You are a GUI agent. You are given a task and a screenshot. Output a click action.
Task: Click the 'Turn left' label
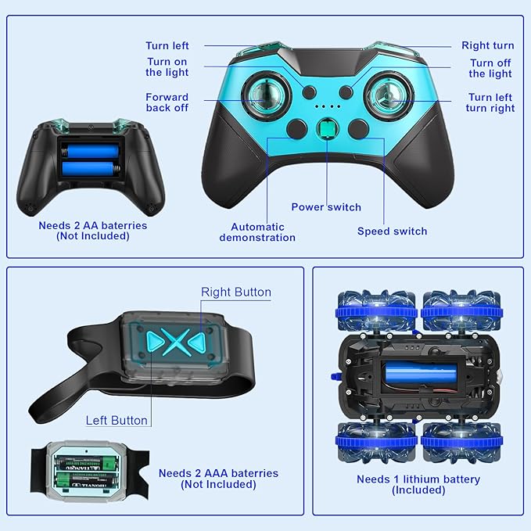pyautogui.click(x=167, y=46)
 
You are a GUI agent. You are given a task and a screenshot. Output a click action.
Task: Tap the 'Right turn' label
pyautogui.click(x=487, y=46)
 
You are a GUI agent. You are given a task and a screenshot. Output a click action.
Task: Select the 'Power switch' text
pyautogui.click(x=326, y=207)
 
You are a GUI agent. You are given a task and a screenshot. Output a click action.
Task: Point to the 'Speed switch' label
pyautogui.click(x=392, y=231)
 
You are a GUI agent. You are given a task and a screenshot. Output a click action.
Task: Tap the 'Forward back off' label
pyautogui.click(x=167, y=102)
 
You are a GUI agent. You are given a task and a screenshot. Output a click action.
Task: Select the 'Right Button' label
pyautogui.click(x=236, y=292)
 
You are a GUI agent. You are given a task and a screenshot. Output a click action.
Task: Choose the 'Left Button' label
pyautogui.click(x=117, y=421)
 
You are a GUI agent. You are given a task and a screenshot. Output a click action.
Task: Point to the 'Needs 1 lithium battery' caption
pyautogui.click(x=418, y=485)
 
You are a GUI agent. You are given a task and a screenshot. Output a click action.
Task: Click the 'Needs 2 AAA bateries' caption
pyautogui.click(x=218, y=479)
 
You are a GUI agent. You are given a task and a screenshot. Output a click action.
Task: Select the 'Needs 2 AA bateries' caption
pyautogui.click(x=93, y=231)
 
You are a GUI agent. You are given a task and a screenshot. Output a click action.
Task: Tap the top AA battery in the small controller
pyautogui.click(x=90, y=149)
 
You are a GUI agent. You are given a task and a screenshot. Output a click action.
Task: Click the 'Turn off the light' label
pyautogui.click(x=490, y=69)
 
